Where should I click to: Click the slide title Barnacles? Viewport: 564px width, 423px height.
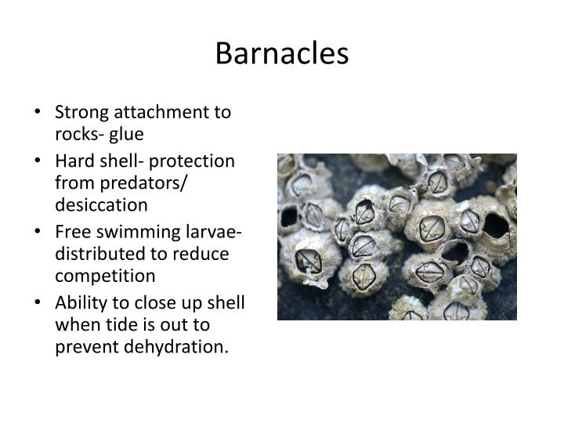[281, 53]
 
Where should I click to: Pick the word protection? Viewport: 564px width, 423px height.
[192, 161]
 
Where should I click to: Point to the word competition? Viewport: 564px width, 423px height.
[105, 276]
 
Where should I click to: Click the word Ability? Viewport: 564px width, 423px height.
[79, 304]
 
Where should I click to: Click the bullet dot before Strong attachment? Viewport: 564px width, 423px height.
[38, 112]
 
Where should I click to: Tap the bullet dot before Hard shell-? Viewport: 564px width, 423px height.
[38, 161]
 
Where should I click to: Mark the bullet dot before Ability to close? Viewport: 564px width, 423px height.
[38, 304]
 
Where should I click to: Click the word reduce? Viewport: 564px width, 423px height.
[203, 255]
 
